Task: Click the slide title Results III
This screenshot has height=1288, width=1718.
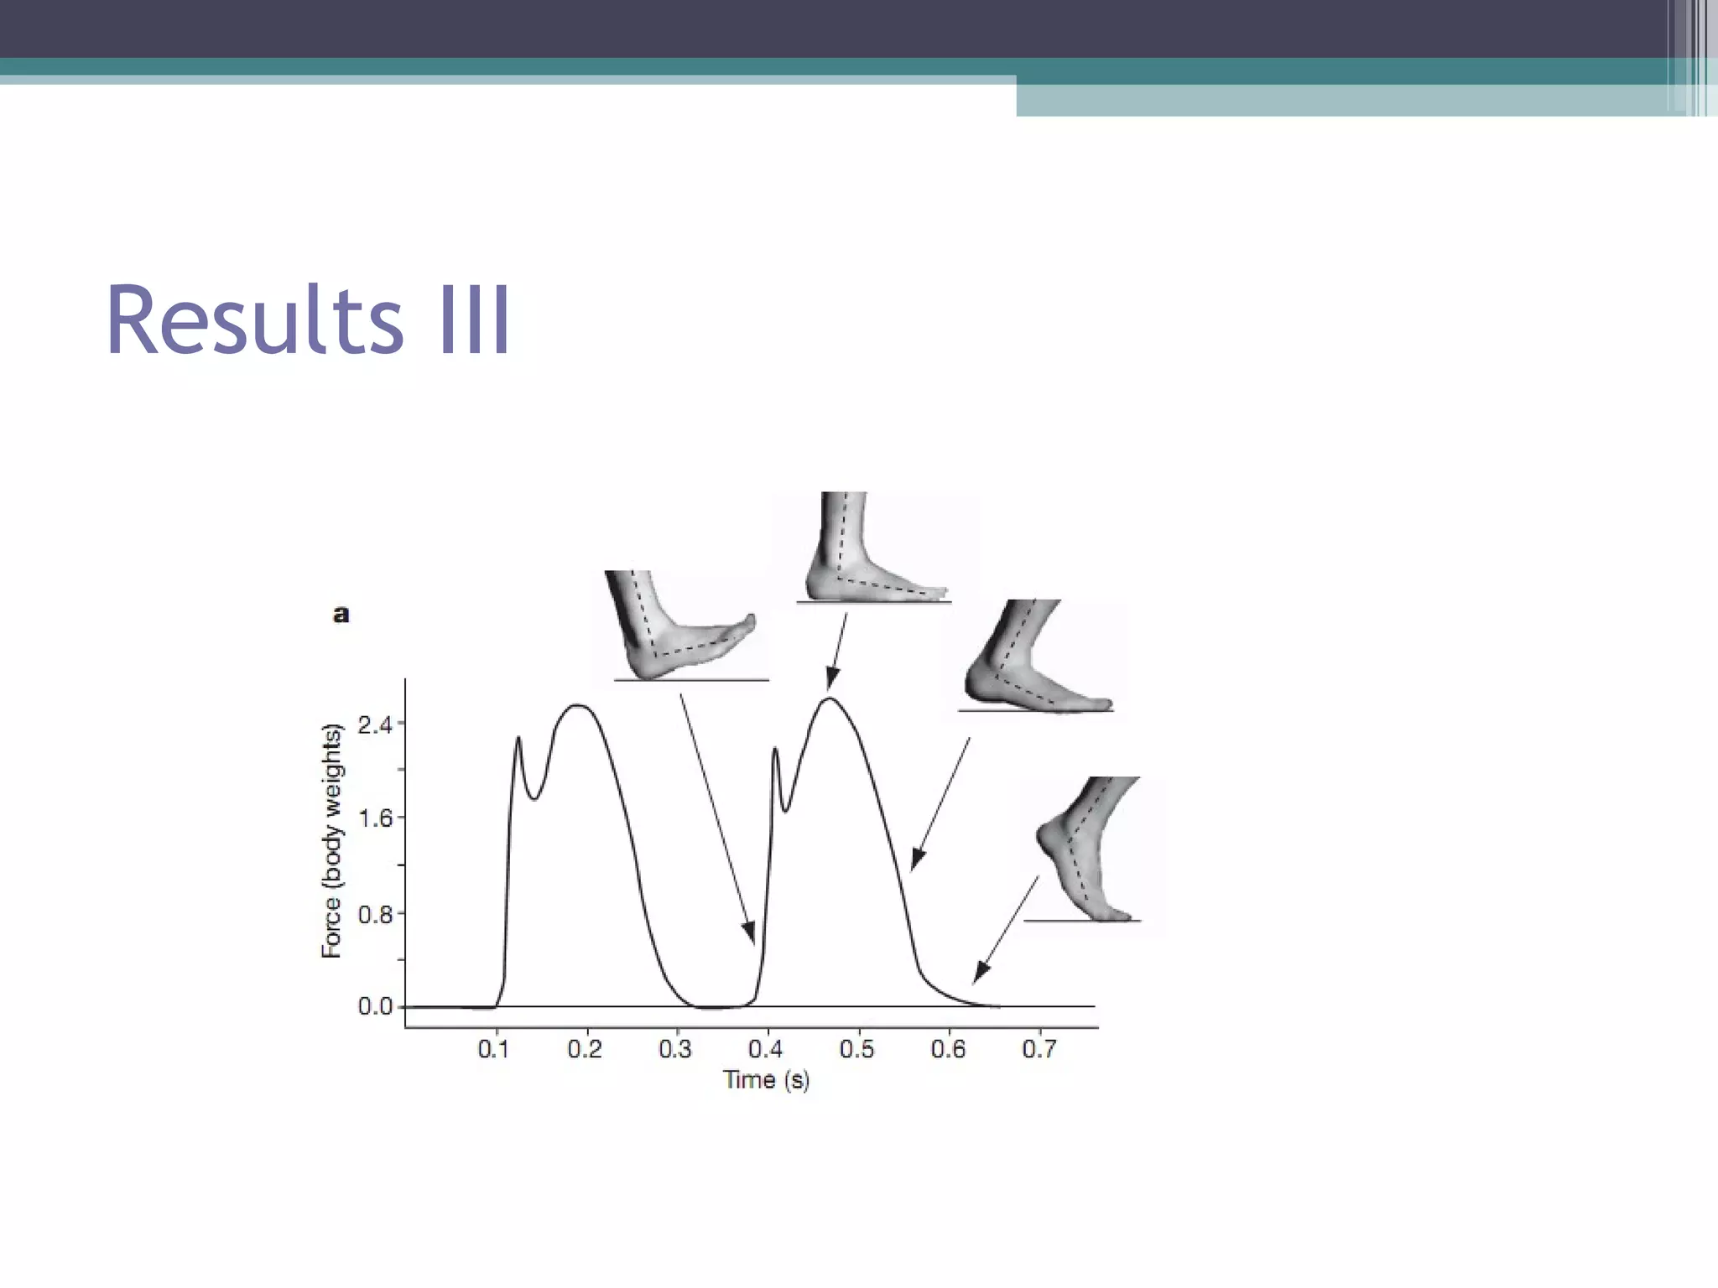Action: point(308,322)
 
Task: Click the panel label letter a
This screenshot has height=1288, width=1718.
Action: point(341,615)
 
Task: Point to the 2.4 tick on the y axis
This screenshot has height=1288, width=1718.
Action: point(375,724)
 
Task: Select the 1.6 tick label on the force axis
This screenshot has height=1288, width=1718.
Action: point(375,818)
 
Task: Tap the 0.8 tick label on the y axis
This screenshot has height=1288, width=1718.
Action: point(375,914)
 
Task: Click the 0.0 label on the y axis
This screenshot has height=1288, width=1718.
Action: point(375,1006)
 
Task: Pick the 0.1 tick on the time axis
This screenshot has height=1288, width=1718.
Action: point(494,1049)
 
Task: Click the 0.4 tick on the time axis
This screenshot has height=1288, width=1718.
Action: point(766,1049)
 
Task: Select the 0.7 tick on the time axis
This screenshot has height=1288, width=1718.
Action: point(1039,1049)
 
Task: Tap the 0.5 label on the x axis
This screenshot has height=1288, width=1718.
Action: point(856,1049)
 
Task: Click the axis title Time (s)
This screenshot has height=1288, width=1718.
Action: point(766,1080)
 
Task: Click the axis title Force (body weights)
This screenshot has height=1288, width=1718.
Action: point(332,840)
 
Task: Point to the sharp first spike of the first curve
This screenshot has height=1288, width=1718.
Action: point(518,739)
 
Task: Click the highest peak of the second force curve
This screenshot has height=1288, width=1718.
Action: point(829,699)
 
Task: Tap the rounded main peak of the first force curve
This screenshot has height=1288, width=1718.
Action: point(579,706)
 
